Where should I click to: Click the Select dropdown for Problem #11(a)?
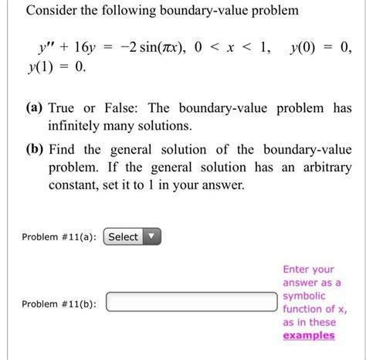pos(132,237)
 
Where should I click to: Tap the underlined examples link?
pos(309,335)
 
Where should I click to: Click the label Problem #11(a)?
pos(61,238)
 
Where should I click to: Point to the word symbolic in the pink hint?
pos(304,296)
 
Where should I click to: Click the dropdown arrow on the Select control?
pos(153,237)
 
